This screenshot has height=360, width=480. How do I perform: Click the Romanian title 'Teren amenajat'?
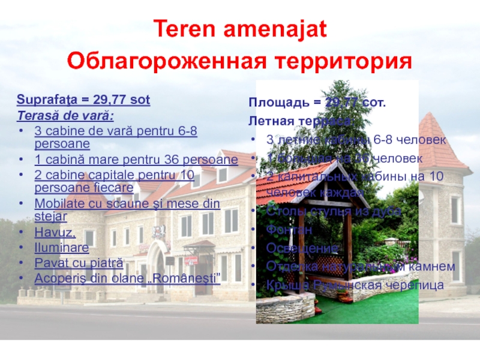pos(239,28)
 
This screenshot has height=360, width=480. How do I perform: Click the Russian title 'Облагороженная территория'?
pos(239,61)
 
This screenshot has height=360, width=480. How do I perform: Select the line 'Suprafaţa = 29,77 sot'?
pos(83,99)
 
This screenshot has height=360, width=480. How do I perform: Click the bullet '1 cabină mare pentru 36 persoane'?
pos(136,160)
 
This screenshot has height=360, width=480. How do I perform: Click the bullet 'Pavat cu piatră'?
pos(78,263)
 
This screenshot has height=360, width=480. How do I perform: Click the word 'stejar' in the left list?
pos(50,215)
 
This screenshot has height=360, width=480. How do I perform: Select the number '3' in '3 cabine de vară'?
pos(37,130)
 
